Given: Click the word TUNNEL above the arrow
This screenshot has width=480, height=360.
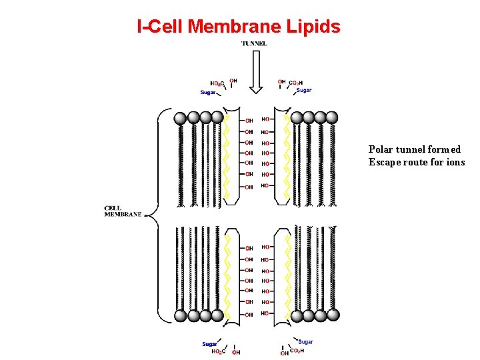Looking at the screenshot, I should point(254,44).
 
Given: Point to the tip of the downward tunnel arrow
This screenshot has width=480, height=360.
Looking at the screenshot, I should point(256,93).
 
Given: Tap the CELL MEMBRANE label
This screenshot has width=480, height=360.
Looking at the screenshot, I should point(123,211).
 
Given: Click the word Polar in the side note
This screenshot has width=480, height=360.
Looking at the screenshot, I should point(383,150).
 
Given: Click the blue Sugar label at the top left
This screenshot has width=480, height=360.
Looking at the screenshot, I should point(208,93).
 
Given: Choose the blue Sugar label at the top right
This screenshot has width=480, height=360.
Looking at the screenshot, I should point(304,90).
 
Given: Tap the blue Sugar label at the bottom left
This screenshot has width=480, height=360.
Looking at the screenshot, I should point(209,344).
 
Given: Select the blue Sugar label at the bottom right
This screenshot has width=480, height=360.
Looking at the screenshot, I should point(306,342).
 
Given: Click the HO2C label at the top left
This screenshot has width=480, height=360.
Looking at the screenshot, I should point(217,83).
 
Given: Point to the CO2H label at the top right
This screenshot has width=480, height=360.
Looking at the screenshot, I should point(297,83).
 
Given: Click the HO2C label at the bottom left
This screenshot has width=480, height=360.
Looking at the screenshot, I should point(219,351).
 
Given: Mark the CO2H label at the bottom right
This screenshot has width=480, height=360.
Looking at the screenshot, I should point(297,350).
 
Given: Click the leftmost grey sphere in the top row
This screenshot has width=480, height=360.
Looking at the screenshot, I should point(180,118).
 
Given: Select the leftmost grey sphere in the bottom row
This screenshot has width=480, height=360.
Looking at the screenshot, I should point(180,316).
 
